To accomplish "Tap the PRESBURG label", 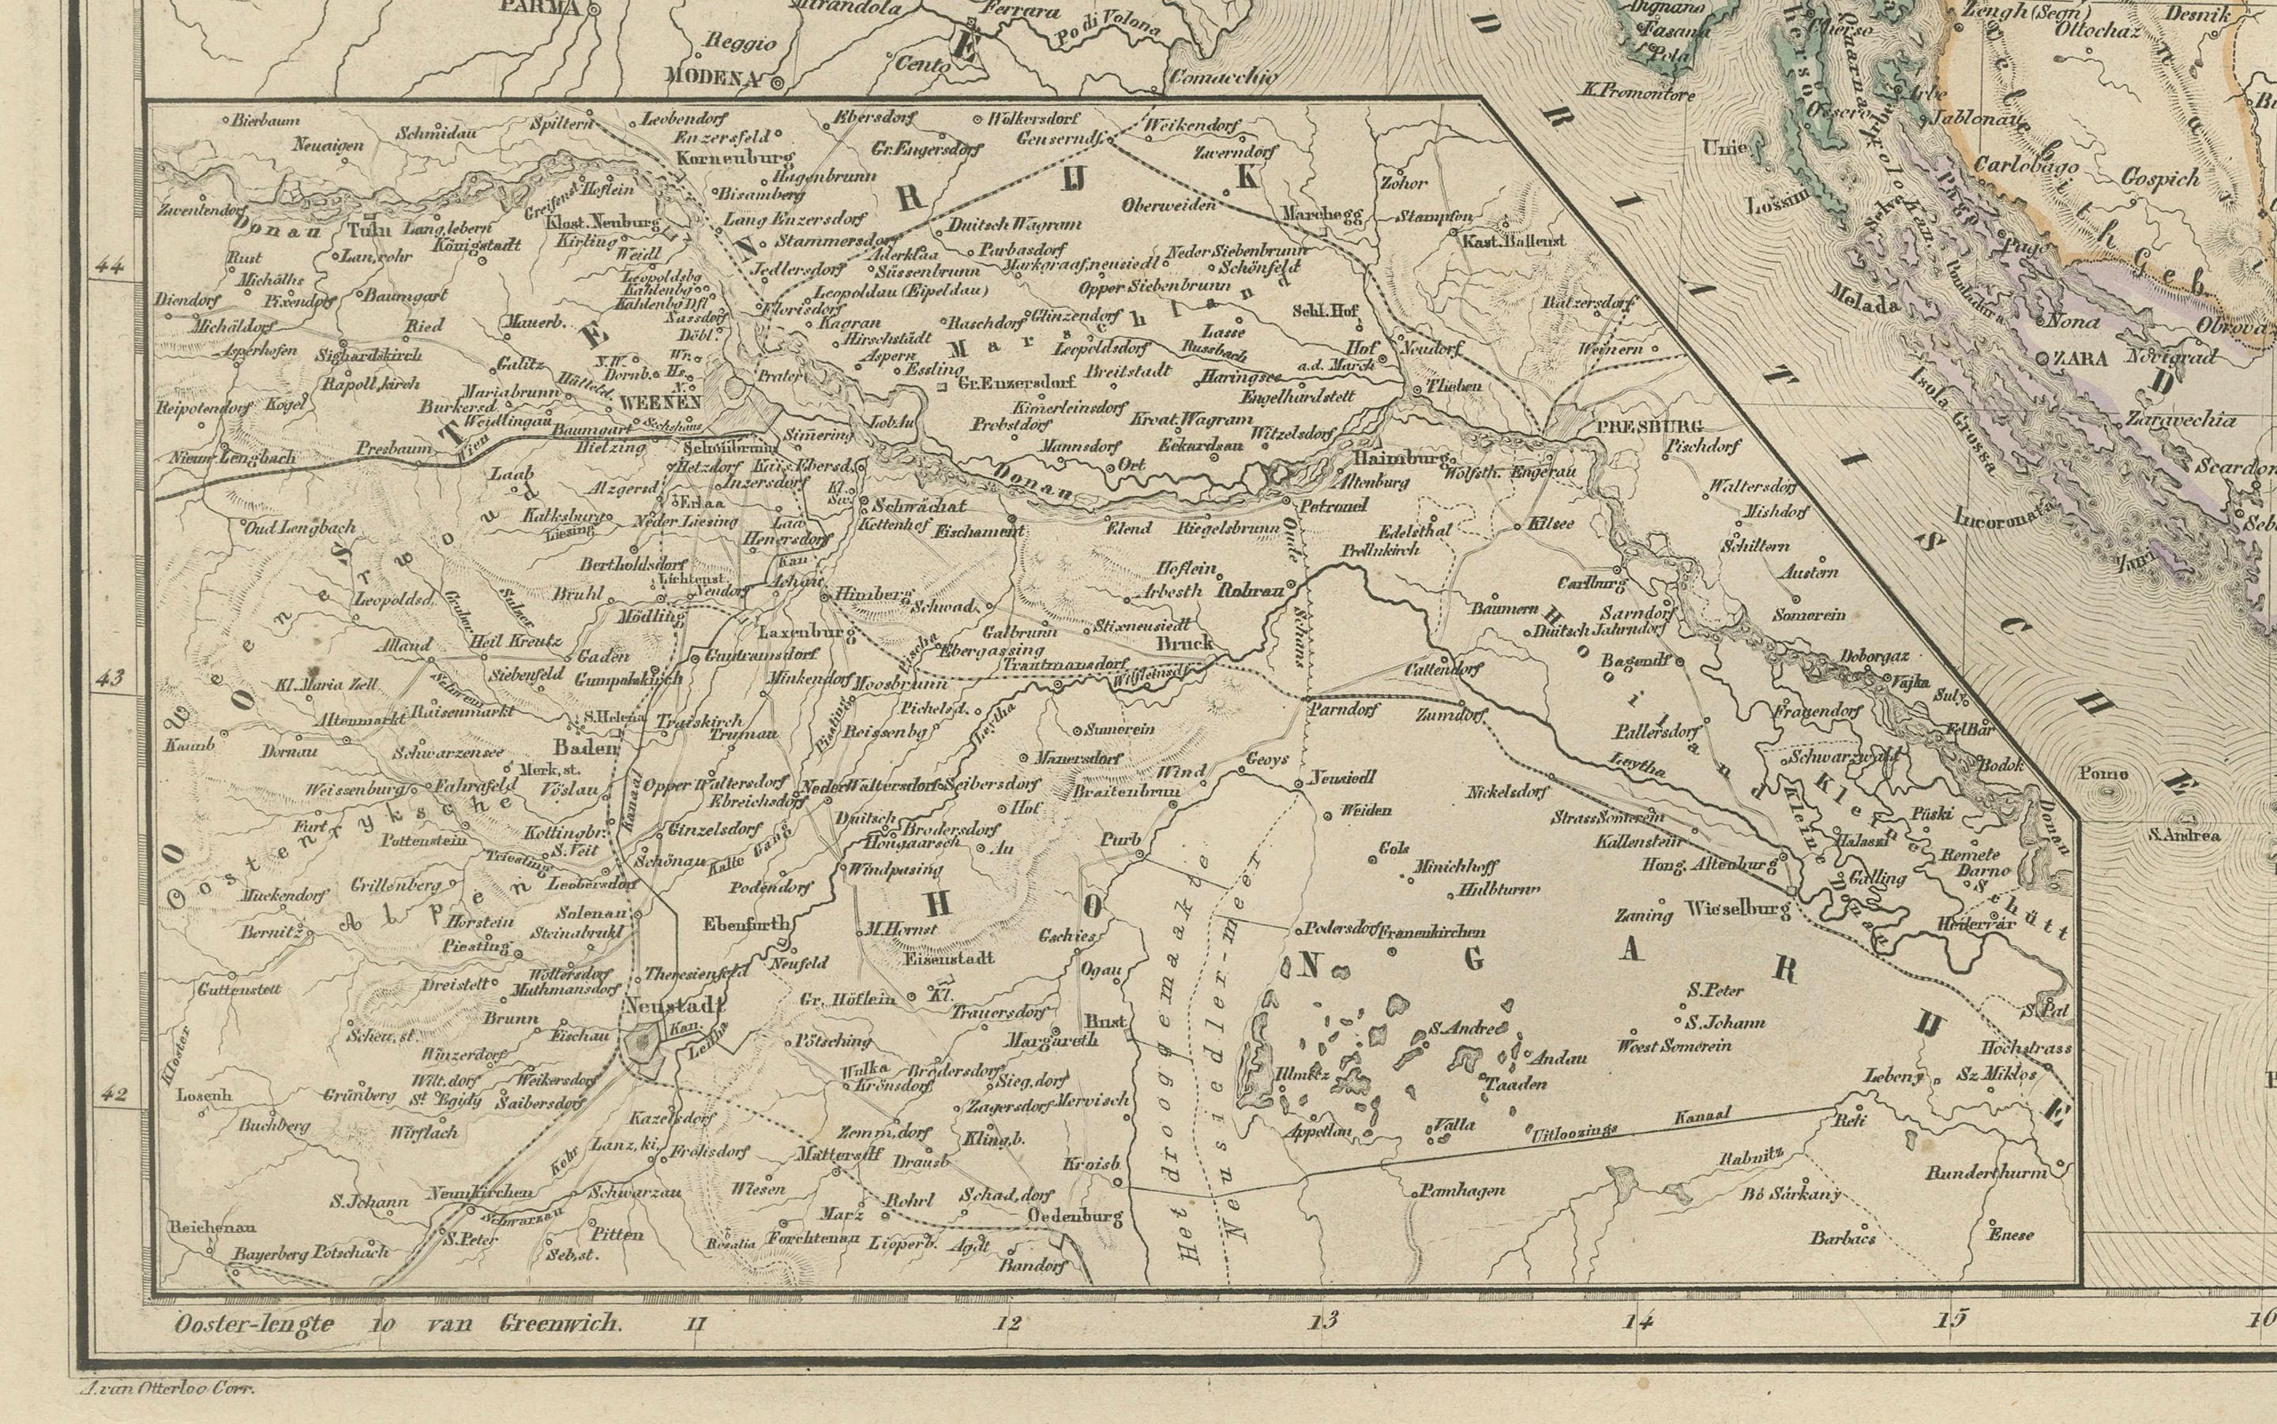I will tap(1637, 426).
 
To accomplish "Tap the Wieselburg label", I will tap(1735, 910).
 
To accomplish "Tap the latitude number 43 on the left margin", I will tap(111, 678).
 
